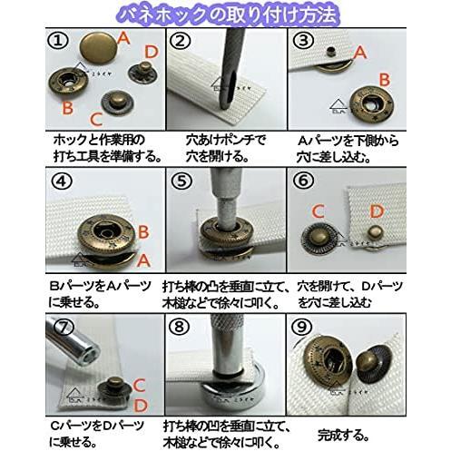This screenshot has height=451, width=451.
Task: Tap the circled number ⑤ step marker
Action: pyautogui.click(x=181, y=181)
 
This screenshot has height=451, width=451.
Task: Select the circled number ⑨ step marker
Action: pyautogui.click(x=300, y=327)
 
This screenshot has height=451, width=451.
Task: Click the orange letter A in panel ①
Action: pyautogui.click(x=123, y=37)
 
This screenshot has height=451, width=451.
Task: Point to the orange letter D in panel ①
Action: pyautogui.click(x=152, y=52)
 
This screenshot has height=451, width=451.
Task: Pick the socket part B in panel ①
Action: pyautogui.click(x=68, y=82)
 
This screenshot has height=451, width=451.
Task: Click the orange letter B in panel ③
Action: pyautogui.click(x=385, y=80)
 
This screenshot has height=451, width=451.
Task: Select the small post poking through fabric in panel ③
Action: pyautogui.click(x=328, y=54)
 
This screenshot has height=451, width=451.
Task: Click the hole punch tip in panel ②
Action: pyautogui.click(x=224, y=104)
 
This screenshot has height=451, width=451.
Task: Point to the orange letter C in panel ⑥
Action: pyautogui.click(x=319, y=211)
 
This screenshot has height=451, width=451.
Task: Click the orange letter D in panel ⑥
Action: pyautogui.click(x=377, y=211)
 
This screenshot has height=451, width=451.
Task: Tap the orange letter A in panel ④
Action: pyautogui.click(x=143, y=260)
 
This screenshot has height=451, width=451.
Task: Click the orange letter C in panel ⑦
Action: pyautogui.click(x=140, y=385)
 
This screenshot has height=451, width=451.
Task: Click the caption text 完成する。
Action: pyautogui.click(x=343, y=436)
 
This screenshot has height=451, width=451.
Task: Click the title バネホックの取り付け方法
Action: pyautogui.click(x=228, y=15)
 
